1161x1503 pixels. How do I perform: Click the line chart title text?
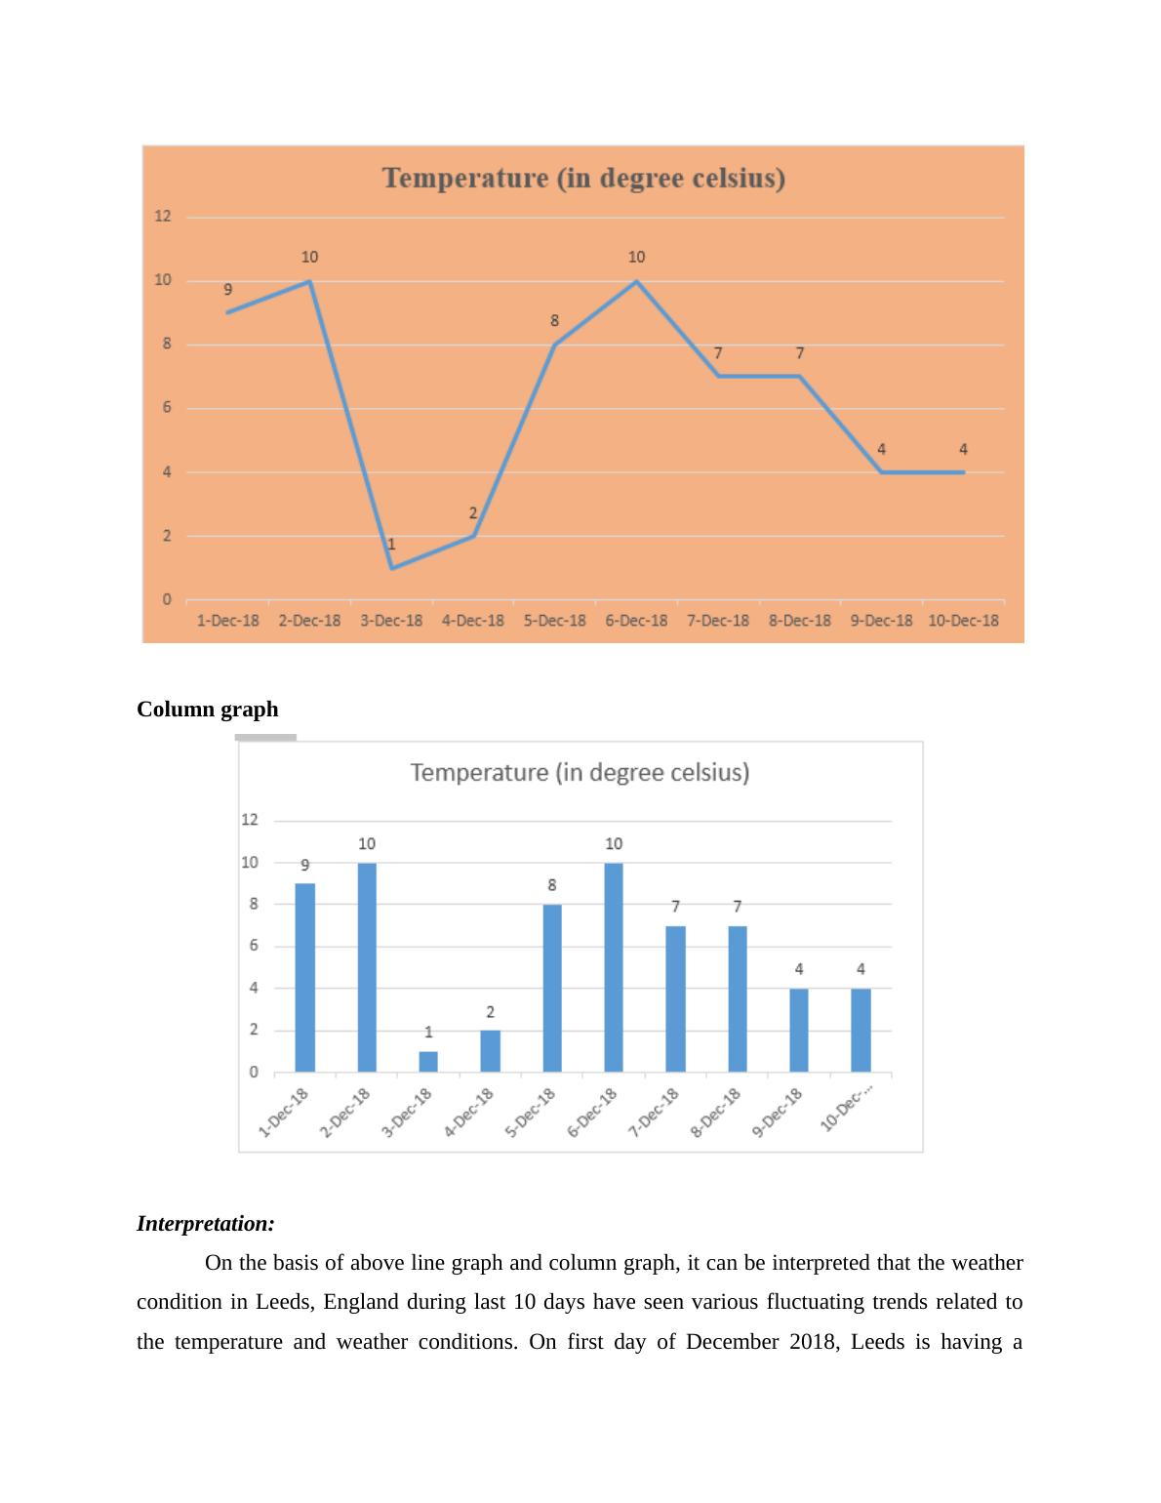(x=583, y=179)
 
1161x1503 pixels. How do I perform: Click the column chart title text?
(x=580, y=773)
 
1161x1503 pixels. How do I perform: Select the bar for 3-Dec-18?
(x=428, y=1062)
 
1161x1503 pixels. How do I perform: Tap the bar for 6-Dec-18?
(x=614, y=967)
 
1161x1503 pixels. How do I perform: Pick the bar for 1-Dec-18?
(x=305, y=977)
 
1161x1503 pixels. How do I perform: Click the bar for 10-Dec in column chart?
(x=861, y=1030)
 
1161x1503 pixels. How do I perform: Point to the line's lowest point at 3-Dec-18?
(x=391, y=568)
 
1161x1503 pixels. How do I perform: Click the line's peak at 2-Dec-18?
(x=309, y=281)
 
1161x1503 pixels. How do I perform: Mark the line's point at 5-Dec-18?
(x=554, y=345)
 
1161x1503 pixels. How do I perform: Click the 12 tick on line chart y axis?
(x=163, y=217)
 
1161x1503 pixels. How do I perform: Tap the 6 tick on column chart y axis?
(x=254, y=946)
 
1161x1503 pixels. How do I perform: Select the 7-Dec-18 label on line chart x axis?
(x=718, y=621)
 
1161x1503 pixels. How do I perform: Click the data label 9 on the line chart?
(x=228, y=290)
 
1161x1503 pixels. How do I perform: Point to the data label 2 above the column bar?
(x=490, y=1012)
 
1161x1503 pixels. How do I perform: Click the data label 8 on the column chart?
(x=552, y=885)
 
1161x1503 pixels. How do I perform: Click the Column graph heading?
(x=207, y=710)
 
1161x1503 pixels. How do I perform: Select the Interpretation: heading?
(x=206, y=1224)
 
